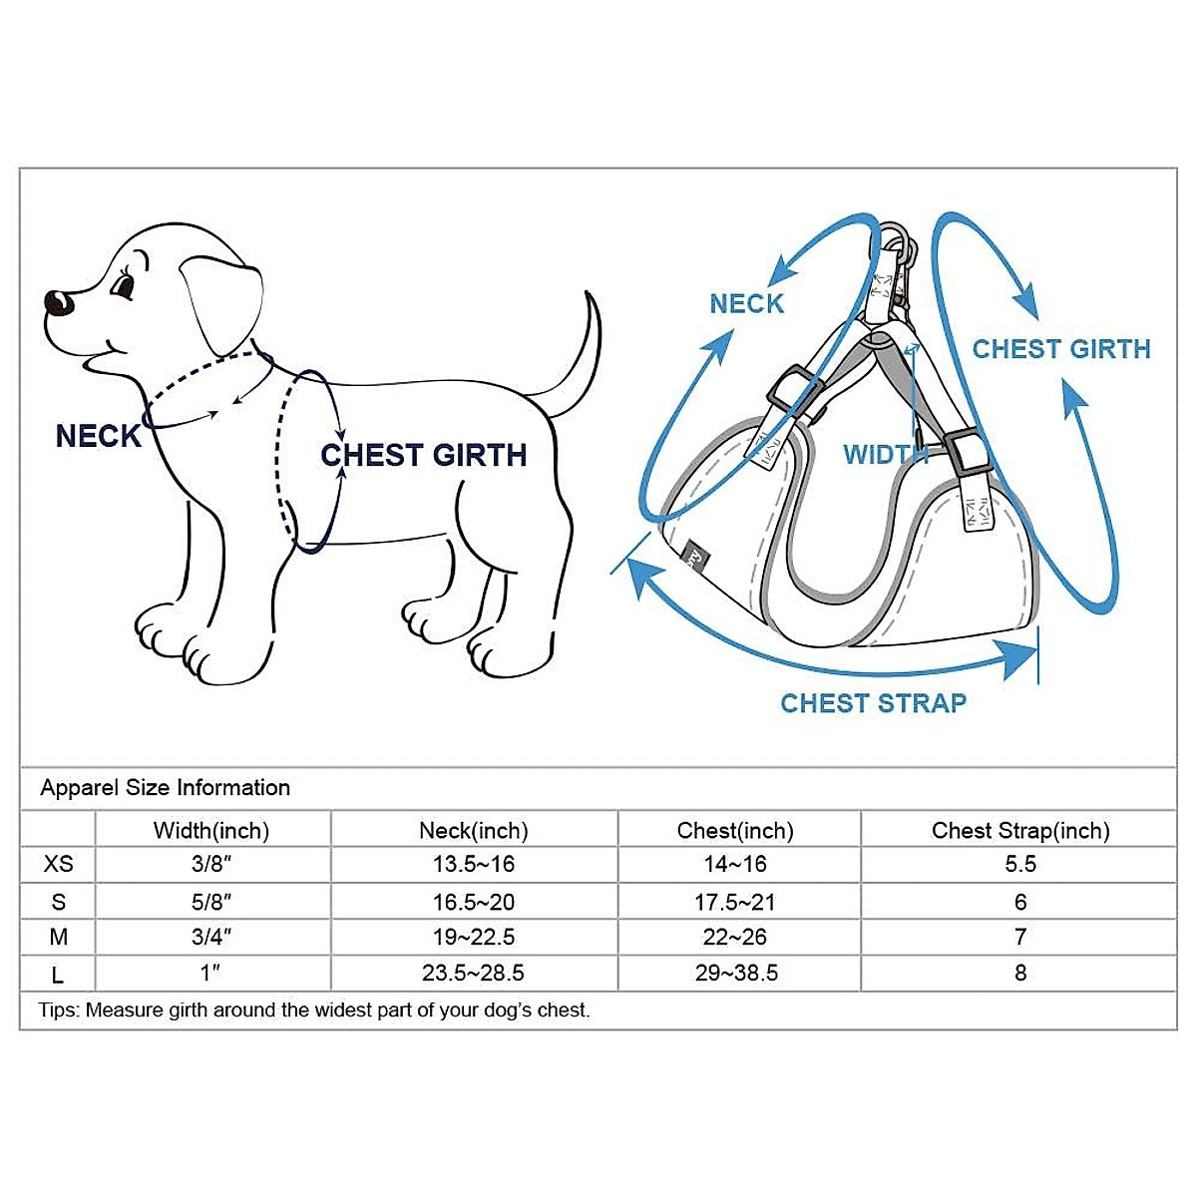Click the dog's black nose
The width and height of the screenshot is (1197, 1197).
[57, 302]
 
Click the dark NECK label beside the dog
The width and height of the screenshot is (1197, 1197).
[98, 437]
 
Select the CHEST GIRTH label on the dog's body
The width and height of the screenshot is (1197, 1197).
[424, 456]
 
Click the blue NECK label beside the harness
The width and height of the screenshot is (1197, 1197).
[746, 304]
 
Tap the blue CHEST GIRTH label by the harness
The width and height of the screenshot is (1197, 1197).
[1061, 349]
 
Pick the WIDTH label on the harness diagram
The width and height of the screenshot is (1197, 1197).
[885, 455]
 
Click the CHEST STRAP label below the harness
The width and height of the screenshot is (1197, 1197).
[873, 703]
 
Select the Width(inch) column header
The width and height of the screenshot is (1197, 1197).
[211, 831]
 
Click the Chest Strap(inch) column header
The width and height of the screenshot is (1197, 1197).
[1019, 831]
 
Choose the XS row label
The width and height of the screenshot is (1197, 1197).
[58, 864]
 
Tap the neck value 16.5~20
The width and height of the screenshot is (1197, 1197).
[473, 902]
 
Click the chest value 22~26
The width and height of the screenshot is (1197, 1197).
[735, 937]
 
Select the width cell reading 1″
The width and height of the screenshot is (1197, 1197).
[211, 973]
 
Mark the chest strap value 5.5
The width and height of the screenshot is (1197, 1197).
[1019, 864]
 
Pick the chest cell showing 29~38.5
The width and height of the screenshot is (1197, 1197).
[735, 973]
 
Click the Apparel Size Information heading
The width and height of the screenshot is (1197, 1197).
[165, 788]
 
